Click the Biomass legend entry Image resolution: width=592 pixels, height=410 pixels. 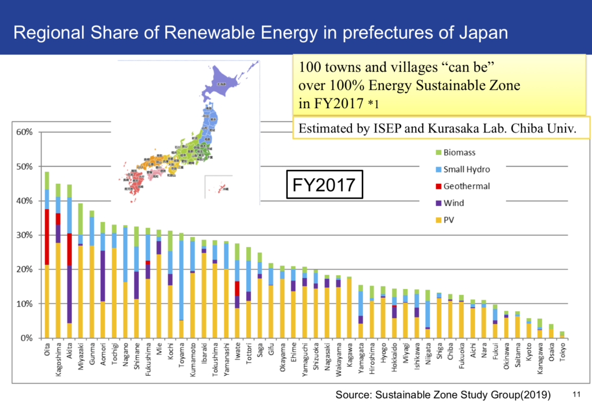458,153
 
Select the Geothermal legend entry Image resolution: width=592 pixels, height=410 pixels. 465,186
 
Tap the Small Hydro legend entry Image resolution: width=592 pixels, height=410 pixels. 466,169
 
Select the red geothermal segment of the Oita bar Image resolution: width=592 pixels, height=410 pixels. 46,237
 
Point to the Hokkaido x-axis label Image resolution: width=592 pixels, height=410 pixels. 393,360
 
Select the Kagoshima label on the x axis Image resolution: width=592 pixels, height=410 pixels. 58,362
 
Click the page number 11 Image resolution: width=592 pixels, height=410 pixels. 575,396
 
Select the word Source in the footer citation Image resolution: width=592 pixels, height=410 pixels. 353,396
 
